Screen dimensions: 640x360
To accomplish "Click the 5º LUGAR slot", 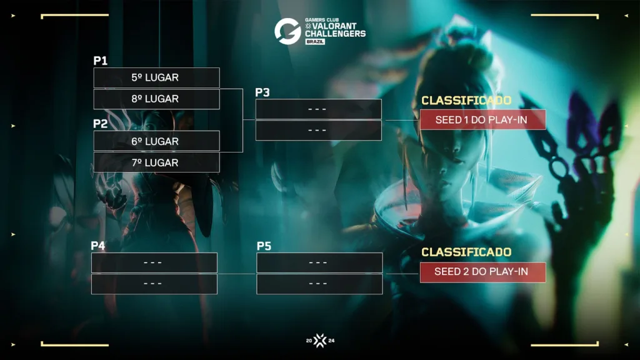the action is click(156, 77).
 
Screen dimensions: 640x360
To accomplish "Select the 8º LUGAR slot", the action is click(156, 99).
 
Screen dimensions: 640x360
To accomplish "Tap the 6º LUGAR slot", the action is click(156, 141).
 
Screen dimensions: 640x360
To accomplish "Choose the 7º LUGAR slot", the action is click(156, 162).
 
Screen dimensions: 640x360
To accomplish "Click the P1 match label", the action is click(101, 61).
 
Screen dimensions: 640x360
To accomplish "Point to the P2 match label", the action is click(101, 124).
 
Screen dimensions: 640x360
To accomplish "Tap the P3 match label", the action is click(262, 92).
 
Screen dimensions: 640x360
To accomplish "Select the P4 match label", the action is click(98, 245).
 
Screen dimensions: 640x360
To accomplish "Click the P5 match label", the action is click(264, 246).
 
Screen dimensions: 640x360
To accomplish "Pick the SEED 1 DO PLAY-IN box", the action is click(483, 119).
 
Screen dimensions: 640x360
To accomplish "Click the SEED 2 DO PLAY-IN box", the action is click(483, 272).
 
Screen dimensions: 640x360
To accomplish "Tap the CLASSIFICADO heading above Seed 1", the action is click(466, 101).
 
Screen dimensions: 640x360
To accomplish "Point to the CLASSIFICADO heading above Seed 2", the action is click(466, 252).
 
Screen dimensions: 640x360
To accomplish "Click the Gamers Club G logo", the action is click(287, 31).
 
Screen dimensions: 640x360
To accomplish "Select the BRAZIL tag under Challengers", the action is click(315, 42).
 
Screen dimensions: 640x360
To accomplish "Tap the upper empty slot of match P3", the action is click(318, 109).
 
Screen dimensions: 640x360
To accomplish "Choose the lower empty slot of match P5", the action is click(319, 284).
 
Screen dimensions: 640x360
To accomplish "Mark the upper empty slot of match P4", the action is click(154, 262).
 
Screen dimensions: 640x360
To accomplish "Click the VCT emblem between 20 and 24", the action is click(320, 341).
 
